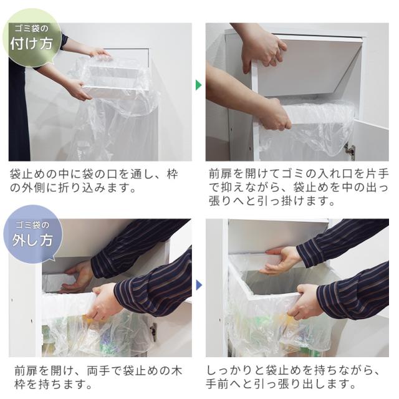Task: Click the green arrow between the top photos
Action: pyautogui.click(x=198, y=85)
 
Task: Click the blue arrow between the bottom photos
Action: pyautogui.click(x=199, y=285)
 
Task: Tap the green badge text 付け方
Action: pyautogui.click(x=32, y=44)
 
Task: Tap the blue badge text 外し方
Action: pyautogui.click(x=32, y=240)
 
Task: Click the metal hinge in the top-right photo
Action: pyautogui.click(x=350, y=150)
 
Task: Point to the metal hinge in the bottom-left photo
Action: pyautogui.click(x=153, y=332)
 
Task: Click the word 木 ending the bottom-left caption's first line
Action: pyautogui.click(x=176, y=372)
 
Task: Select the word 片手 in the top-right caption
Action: pyautogui.click(x=377, y=174)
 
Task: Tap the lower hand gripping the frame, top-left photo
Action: pyautogui.click(x=79, y=89)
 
